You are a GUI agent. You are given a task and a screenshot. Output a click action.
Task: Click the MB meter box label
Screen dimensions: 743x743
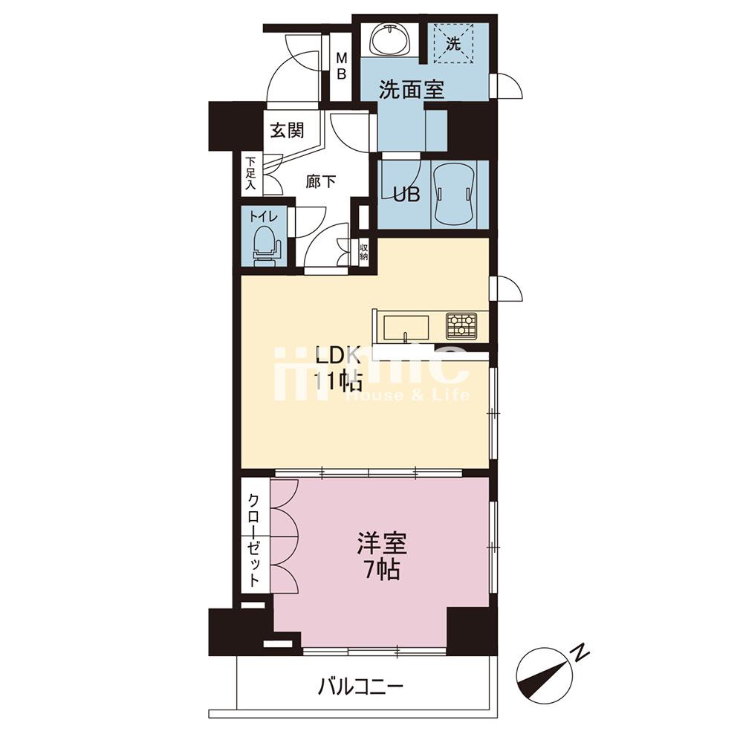pyautogui.click(x=343, y=65)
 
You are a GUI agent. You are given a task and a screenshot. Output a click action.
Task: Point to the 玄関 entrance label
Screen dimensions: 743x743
pyautogui.click(x=286, y=131)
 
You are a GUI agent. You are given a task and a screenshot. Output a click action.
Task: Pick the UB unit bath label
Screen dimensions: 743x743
pyautogui.click(x=406, y=195)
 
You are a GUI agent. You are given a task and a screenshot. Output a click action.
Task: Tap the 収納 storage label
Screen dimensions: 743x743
pyautogui.click(x=364, y=251)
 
